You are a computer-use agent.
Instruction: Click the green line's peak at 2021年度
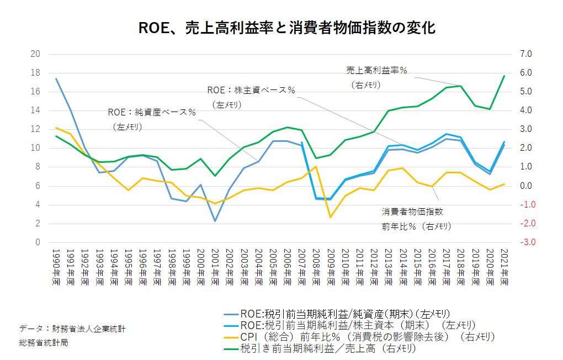click(504, 76)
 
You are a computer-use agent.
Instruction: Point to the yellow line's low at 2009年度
click(330, 217)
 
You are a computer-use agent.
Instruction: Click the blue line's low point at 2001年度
click(215, 221)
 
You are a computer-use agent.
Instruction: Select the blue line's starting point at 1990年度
click(56, 78)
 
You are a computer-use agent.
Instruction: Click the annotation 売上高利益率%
click(376, 71)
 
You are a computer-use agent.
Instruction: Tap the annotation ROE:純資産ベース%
click(152, 112)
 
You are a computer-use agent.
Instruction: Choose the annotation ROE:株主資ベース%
click(251, 89)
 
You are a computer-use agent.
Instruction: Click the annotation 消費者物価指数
click(412, 211)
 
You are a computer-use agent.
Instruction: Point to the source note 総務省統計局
click(44, 342)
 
